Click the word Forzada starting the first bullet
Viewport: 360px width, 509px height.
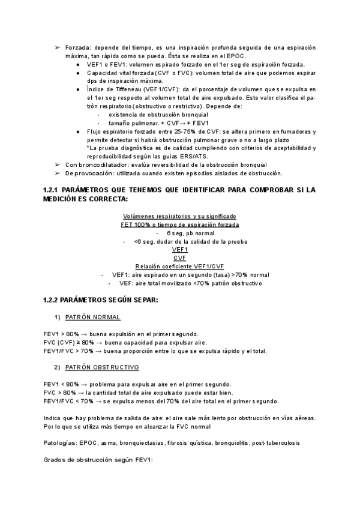click(x=77, y=47)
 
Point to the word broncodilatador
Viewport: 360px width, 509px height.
click(x=100, y=164)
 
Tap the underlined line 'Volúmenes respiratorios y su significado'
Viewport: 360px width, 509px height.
click(x=179, y=216)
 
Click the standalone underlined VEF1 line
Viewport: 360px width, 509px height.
click(x=180, y=250)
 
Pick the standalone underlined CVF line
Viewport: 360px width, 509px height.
click(x=180, y=258)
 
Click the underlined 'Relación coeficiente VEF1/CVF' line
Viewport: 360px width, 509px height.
click(x=179, y=267)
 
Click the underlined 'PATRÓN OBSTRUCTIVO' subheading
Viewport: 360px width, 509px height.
click(x=101, y=367)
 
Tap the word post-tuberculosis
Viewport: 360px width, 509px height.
click(x=276, y=442)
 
